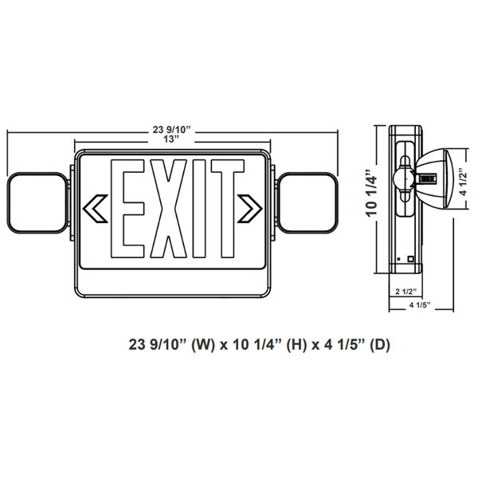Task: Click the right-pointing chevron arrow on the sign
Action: (x=251, y=209)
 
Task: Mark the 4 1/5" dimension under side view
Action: (x=418, y=307)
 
